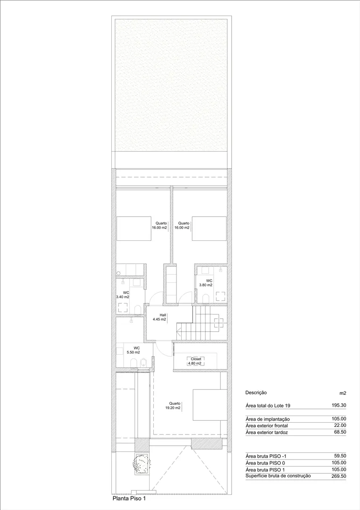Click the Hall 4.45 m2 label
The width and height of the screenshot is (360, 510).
click(x=159, y=317)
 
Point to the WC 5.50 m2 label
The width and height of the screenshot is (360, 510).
click(x=134, y=350)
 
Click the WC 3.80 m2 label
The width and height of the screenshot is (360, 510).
click(x=206, y=283)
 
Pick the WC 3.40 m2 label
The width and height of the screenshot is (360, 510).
click(x=123, y=295)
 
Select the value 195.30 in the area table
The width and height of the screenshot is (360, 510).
click(x=339, y=405)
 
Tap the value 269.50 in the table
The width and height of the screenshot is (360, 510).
click(x=339, y=476)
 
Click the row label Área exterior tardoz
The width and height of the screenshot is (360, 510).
click(x=267, y=432)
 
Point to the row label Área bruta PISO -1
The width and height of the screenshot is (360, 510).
click(x=266, y=456)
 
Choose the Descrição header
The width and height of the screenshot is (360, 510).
click(x=256, y=393)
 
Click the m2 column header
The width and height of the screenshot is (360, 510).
click(x=343, y=393)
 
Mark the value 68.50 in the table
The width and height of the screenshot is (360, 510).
click(x=340, y=432)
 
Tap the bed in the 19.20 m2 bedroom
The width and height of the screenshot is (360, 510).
click(x=209, y=405)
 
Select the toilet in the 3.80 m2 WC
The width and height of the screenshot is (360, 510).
click(x=205, y=297)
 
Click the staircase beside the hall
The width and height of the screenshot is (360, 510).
click(x=198, y=323)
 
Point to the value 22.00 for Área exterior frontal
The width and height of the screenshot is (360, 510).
click(x=340, y=425)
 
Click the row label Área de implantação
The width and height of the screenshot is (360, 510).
click(x=268, y=419)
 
